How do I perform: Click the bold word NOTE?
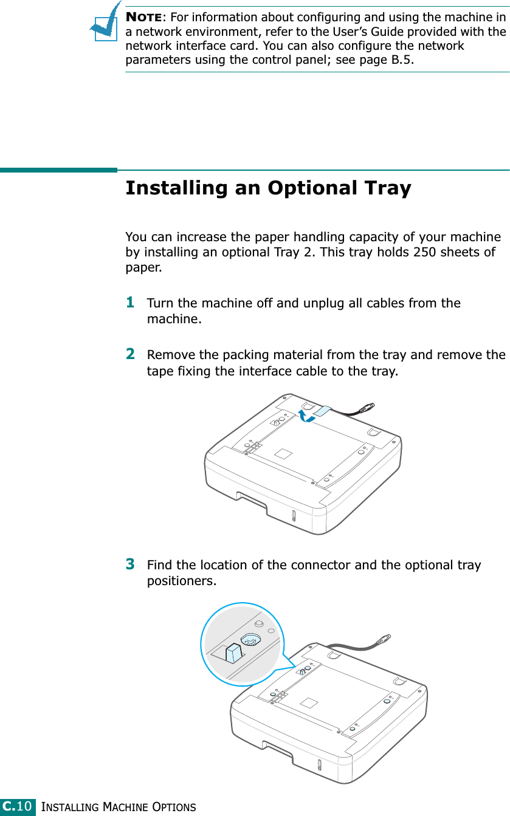point(143,17)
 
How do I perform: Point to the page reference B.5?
point(401,60)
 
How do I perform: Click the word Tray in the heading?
point(388,189)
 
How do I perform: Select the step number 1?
point(130,303)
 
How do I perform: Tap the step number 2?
point(130,354)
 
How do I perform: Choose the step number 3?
point(130,564)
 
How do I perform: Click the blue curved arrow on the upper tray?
point(306,416)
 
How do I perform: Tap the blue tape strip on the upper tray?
point(322,411)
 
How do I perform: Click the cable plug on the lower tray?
point(383,639)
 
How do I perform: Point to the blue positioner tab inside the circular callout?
point(233,653)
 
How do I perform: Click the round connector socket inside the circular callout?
point(251,639)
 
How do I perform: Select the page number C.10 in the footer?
point(18,806)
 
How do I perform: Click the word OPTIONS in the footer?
point(174,807)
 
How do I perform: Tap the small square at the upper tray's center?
point(283,454)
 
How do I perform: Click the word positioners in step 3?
point(182,581)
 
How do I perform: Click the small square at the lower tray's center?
point(309,702)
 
